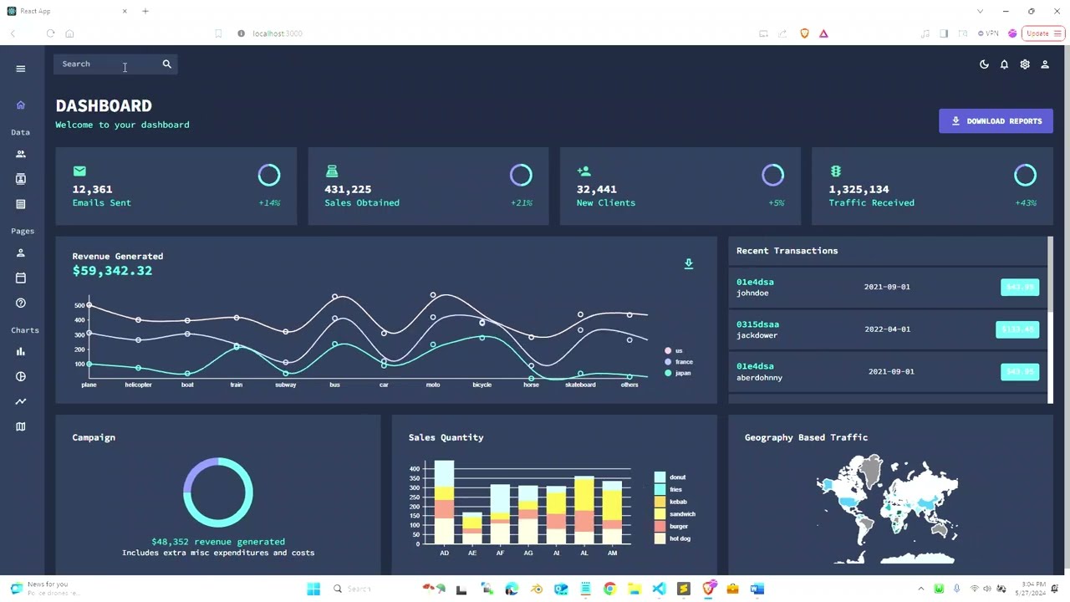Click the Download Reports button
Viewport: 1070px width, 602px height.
coord(996,121)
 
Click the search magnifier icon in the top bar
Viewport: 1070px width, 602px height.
coord(166,64)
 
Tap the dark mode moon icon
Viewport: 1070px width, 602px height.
coord(984,64)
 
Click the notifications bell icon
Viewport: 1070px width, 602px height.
coord(1004,64)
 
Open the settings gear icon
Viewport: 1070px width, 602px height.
coord(1025,64)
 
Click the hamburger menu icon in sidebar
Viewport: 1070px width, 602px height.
coord(21,69)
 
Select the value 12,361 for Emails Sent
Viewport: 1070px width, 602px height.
coord(92,189)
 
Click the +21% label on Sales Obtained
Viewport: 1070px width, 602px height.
coord(521,203)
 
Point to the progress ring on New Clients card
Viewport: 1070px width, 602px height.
coord(772,175)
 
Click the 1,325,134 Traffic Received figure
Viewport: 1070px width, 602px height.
coord(859,189)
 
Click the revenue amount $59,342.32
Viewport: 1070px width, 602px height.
coord(112,271)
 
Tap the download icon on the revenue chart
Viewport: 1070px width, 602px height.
coord(689,264)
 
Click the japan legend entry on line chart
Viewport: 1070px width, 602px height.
coord(682,373)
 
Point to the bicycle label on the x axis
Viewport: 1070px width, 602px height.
coord(481,385)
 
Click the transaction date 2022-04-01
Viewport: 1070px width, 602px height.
coord(887,329)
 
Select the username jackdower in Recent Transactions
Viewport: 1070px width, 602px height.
coord(757,335)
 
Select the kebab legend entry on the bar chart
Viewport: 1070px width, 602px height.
coord(677,502)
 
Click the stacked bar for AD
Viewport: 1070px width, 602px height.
coord(444,502)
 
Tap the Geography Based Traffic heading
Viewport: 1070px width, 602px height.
coord(806,437)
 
